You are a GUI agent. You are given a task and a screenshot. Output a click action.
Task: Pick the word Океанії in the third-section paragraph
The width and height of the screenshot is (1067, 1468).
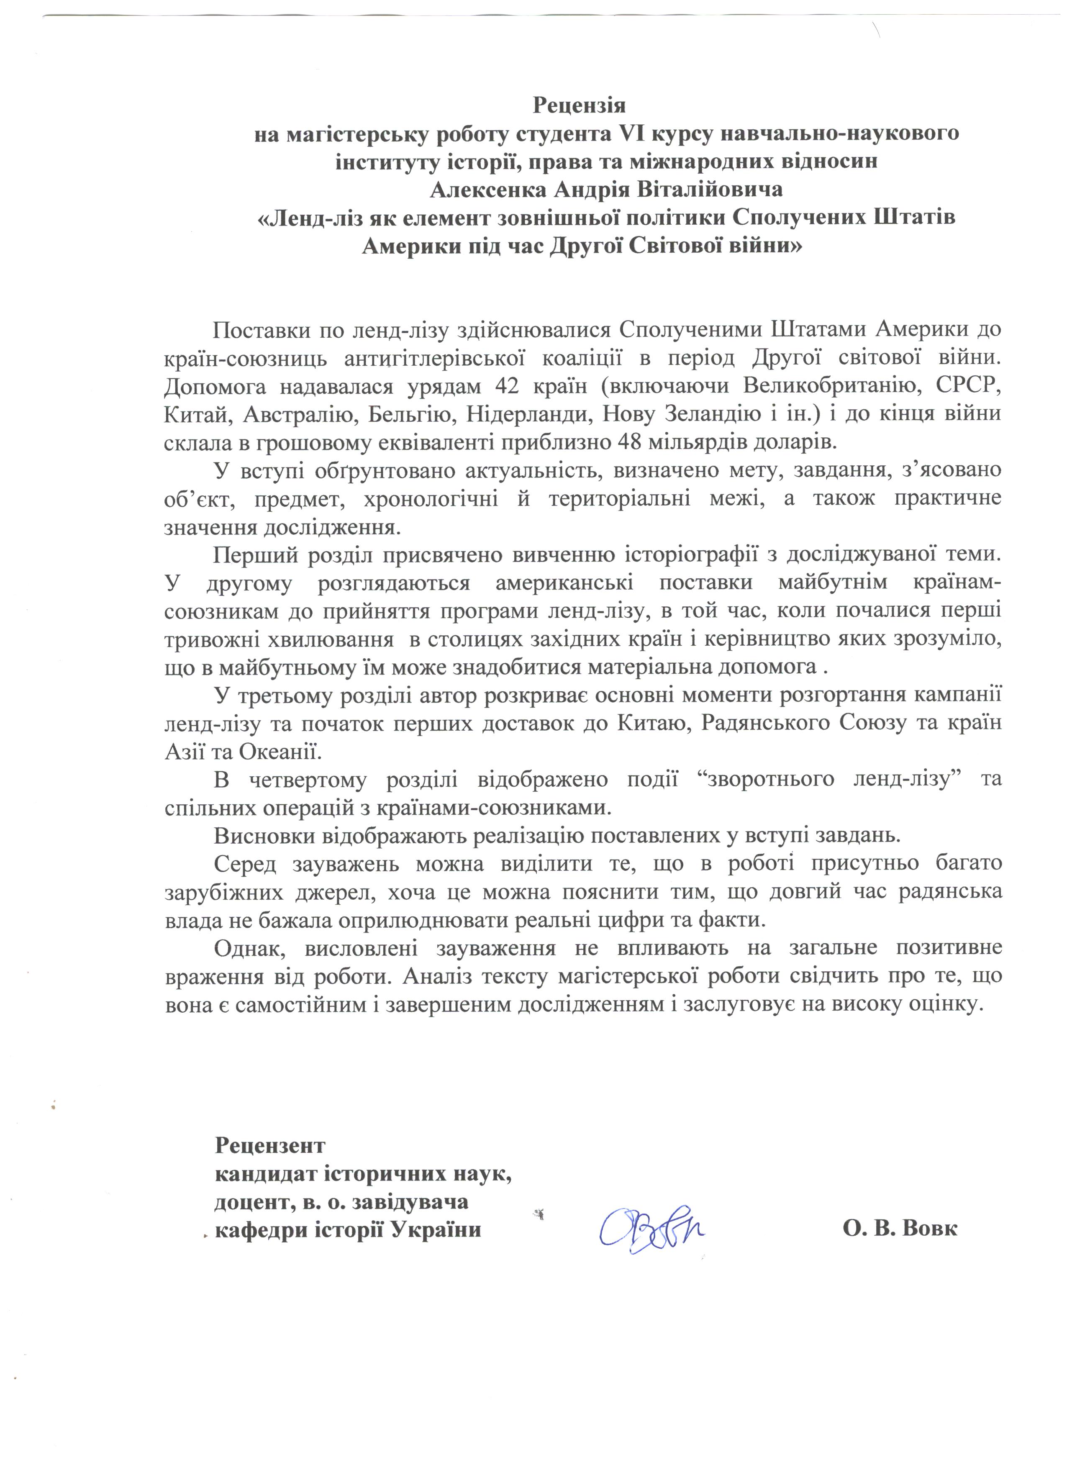280,752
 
